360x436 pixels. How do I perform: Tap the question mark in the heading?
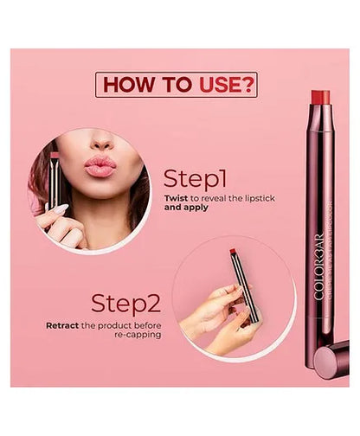point(247,85)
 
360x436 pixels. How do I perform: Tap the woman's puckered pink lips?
point(100,165)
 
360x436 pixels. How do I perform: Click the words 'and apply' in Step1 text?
point(186,208)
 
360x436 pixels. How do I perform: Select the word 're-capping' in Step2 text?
point(135,337)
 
